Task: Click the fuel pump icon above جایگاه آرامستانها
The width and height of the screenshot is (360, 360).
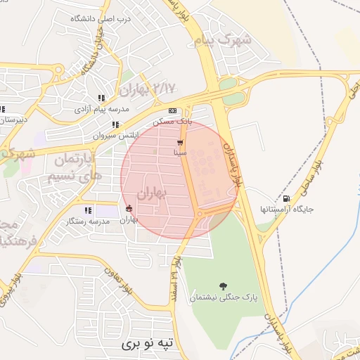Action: tap(285, 199)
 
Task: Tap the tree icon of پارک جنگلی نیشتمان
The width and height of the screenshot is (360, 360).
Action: tap(223, 286)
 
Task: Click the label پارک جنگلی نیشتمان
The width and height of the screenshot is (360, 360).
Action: tap(223, 298)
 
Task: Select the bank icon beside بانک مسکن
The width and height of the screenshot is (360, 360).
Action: tap(172, 110)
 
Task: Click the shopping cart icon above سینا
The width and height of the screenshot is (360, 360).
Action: tap(181, 142)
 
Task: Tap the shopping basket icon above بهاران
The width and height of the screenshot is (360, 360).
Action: tap(128, 208)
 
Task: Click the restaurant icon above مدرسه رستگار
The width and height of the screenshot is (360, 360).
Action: tap(88, 210)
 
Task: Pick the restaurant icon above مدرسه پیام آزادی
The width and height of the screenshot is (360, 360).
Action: tap(101, 98)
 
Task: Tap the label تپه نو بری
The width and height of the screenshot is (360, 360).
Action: tap(146, 344)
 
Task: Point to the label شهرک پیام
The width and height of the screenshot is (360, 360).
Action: tap(233, 39)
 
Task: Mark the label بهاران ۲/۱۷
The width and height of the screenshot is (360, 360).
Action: tap(146, 89)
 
